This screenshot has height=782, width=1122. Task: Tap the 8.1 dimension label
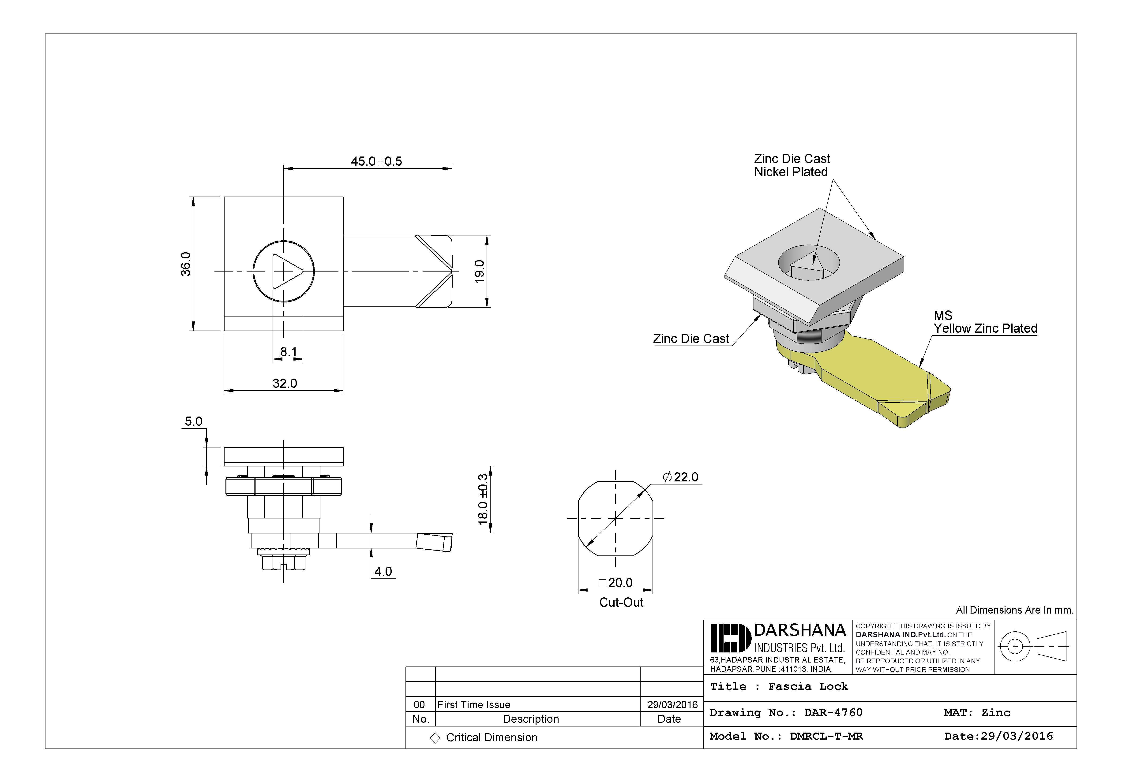tap(288, 352)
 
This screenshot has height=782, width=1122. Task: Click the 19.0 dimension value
tap(479, 271)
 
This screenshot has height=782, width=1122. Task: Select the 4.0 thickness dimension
tap(383, 571)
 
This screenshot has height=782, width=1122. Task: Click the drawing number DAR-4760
tap(833, 713)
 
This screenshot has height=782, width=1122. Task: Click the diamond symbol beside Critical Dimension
tap(435, 738)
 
